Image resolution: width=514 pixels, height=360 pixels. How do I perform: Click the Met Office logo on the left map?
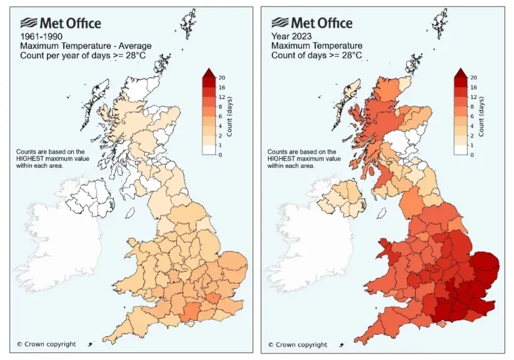coord(60,23)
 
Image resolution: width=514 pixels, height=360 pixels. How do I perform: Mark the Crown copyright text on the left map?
coord(46,345)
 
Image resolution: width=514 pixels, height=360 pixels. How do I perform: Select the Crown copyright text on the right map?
coord(297,345)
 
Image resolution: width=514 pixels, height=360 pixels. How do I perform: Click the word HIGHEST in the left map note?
coord(32,159)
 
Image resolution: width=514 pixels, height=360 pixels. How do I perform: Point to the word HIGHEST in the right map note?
coord(283,159)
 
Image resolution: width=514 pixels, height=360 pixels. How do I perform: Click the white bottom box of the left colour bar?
coord(211,150)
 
